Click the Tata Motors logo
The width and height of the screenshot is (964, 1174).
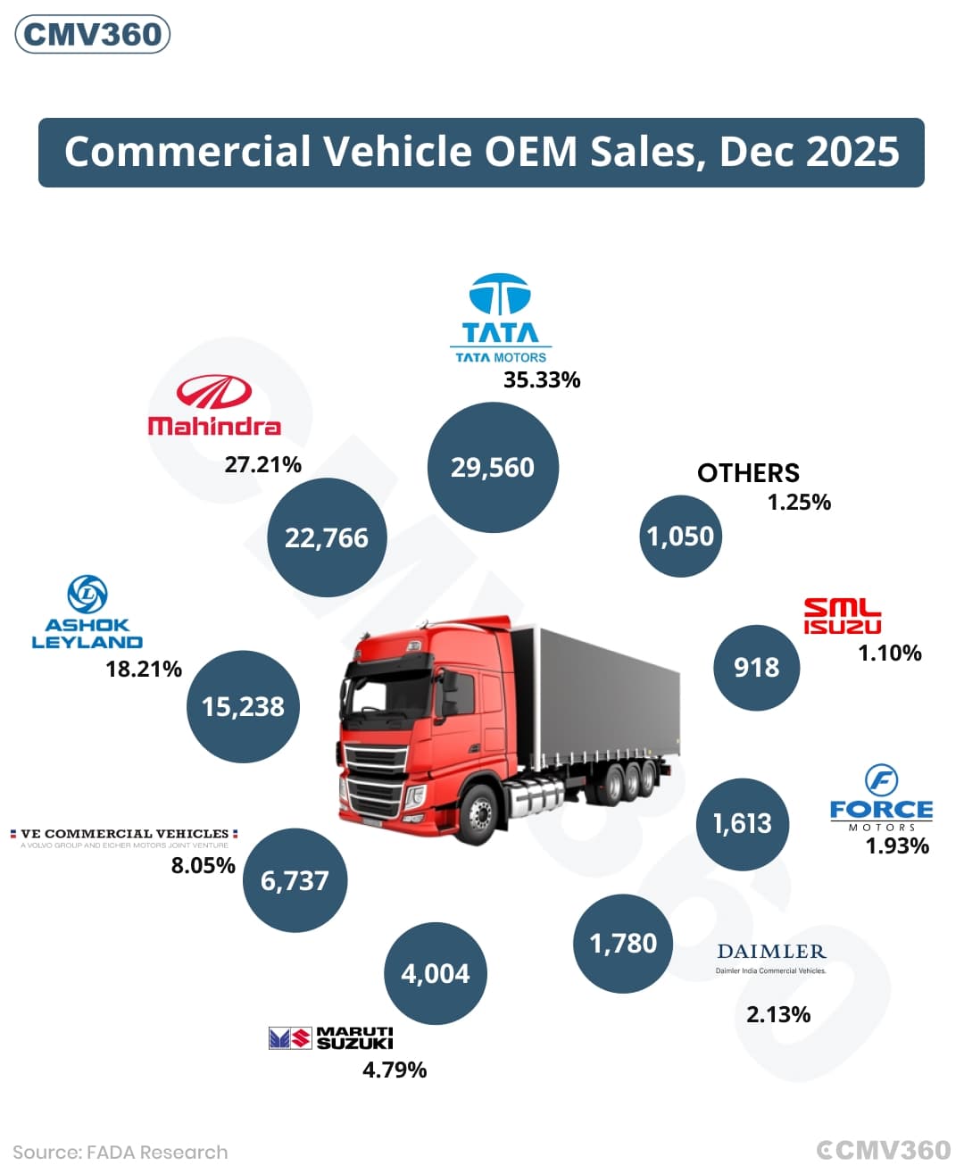point(501,318)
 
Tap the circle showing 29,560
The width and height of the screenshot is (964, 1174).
point(493,467)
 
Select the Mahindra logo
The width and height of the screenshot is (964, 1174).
point(214,404)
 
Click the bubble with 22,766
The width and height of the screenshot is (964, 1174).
point(327,537)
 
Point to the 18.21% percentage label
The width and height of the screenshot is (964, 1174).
point(144,669)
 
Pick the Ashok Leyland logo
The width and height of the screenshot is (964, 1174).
point(87,612)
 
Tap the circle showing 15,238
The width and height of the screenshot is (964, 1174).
point(243,706)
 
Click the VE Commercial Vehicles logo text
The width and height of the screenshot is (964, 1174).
point(124,837)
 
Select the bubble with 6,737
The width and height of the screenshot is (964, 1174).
point(295,880)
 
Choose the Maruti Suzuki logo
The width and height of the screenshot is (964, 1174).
point(330,1038)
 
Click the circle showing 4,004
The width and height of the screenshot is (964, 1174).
point(436,974)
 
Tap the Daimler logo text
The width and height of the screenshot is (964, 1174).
point(771,958)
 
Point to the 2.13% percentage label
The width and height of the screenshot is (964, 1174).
point(778,1015)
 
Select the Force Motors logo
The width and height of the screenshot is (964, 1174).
point(882,798)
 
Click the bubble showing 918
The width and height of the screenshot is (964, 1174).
point(756,668)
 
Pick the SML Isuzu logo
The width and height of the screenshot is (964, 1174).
point(843,616)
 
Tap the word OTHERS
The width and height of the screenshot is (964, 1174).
point(748,473)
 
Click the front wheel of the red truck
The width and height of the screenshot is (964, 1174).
point(478,814)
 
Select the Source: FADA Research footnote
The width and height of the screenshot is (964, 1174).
point(120,1153)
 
